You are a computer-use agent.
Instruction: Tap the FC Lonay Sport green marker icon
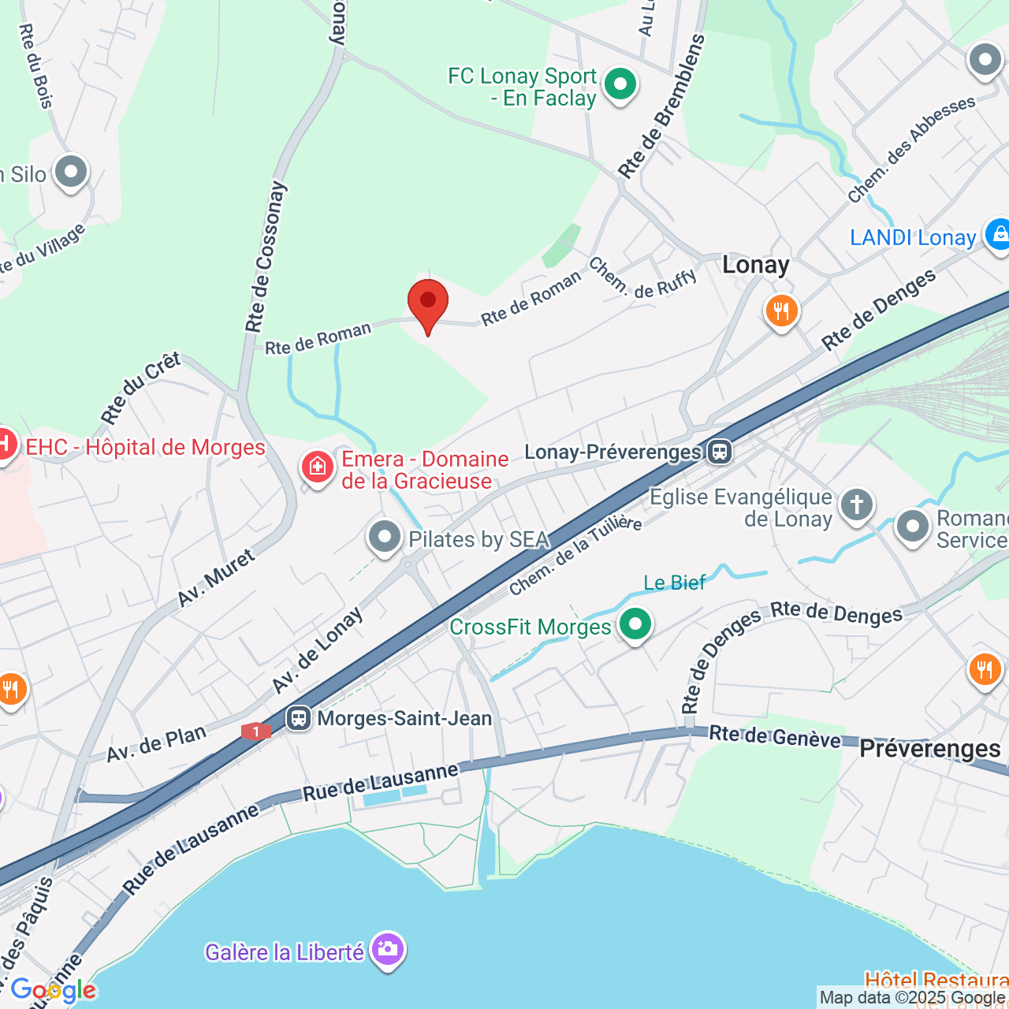[620, 84]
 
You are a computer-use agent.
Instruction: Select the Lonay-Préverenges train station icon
[720, 452]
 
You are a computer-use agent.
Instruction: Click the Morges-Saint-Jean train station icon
[298, 718]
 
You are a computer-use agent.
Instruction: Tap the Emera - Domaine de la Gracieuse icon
[318, 467]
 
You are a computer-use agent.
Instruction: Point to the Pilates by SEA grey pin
[385, 538]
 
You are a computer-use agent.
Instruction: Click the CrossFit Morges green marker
[635, 624]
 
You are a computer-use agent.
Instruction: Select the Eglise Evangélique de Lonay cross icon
[857, 504]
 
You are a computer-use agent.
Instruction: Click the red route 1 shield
[256, 732]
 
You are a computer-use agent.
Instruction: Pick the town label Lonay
[756, 265]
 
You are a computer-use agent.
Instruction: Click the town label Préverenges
[930, 748]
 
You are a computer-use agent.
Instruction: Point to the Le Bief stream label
[675, 583]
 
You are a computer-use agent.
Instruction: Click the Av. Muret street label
[216, 578]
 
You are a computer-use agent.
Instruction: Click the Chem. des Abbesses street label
[911, 149]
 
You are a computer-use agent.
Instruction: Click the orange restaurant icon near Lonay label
[781, 311]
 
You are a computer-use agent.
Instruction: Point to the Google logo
[53, 990]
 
